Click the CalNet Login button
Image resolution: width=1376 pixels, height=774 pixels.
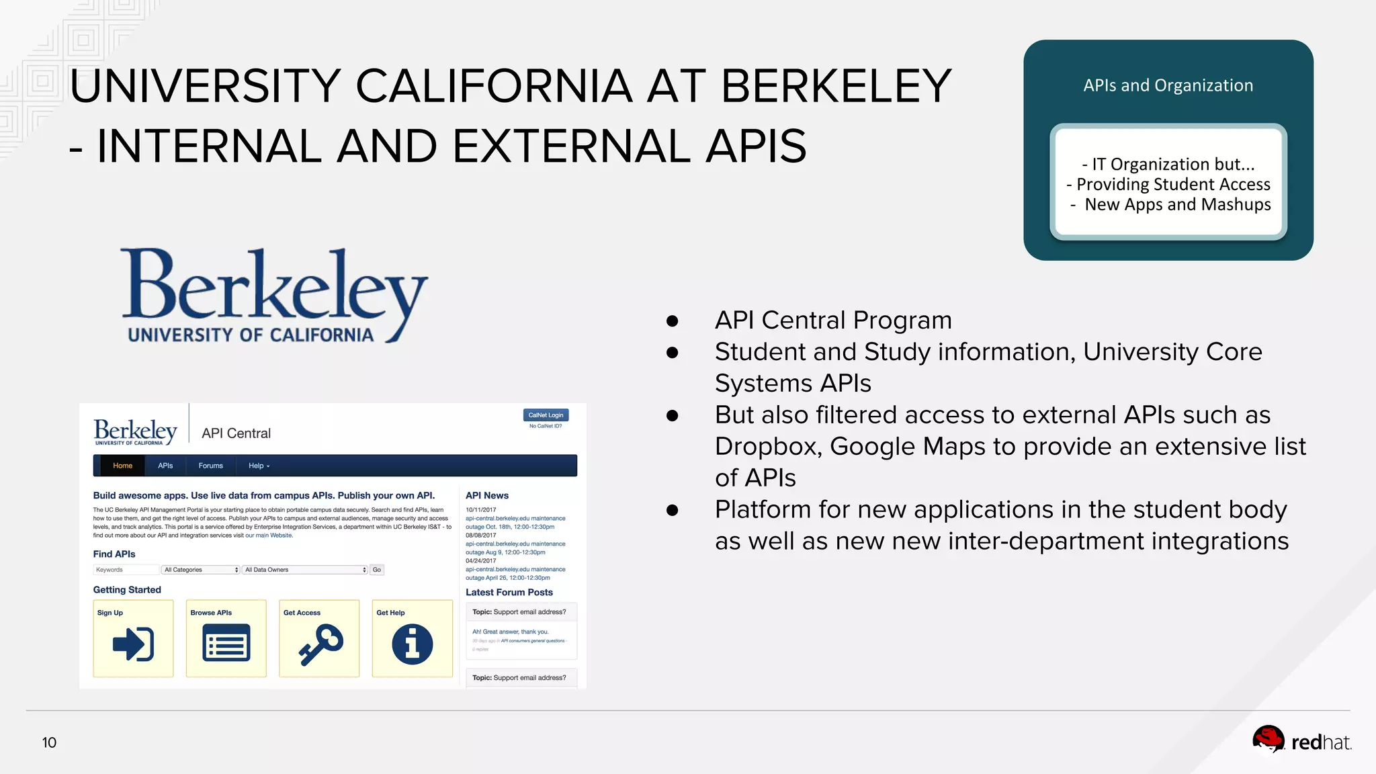(546, 415)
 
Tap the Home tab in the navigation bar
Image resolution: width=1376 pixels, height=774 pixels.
(122, 466)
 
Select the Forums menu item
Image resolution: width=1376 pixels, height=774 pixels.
(210, 466)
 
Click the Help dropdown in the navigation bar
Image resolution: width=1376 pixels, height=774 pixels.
(259, 466)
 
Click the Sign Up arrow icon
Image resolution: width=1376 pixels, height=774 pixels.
(133, 644)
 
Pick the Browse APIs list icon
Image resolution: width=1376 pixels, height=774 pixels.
(226, 644)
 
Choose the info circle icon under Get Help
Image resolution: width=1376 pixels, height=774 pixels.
(412, 644)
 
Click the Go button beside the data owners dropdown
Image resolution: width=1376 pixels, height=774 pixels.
(377, 570)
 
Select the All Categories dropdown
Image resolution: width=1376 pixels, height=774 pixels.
(201, 570)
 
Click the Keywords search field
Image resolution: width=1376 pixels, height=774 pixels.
(126, 570)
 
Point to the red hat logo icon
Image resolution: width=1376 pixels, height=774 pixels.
(1268, 740)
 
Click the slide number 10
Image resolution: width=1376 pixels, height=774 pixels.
(49, 742)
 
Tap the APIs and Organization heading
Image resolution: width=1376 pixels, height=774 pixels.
(1168, 85)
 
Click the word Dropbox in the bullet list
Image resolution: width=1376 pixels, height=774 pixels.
(765, 446)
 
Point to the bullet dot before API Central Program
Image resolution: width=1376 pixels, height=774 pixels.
(672, 321)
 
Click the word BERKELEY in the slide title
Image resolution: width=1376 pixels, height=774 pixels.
(836, 86)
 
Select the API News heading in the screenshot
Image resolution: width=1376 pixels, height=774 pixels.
(486, 495)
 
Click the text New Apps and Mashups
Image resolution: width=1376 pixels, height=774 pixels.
(1177, 204)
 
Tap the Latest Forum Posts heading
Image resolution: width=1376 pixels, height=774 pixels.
(509, 592)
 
